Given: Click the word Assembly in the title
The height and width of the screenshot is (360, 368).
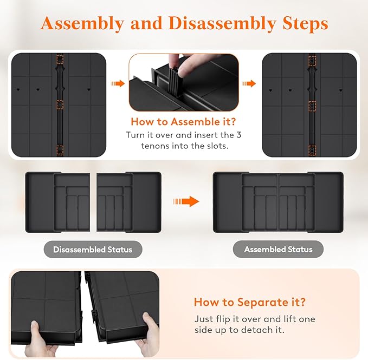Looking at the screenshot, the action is (x=82, y=24).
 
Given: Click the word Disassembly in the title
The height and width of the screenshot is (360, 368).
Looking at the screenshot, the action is (x=222, y=24).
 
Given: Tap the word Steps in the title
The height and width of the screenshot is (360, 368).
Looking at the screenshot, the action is (x=305, y=24).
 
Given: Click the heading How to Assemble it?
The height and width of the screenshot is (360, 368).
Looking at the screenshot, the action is (x=183, y=122).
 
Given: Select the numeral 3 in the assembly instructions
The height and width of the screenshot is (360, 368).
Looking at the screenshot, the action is (x=238, y=135).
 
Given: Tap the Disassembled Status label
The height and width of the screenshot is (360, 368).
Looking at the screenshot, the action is (x=93, y=250).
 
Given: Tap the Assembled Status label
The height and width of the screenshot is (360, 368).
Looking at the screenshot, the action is (x=278, y=249).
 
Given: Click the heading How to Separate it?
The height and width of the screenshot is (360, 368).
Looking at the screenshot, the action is (x=250, y=302).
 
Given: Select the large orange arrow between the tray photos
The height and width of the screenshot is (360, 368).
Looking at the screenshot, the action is (x=186, y=201).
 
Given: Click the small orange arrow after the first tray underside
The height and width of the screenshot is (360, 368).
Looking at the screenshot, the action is (x=118, y=83).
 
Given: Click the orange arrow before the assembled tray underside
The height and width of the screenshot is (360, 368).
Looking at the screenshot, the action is (x=249, y=83).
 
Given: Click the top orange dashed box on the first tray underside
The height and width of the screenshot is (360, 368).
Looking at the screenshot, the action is (x=60, y=60).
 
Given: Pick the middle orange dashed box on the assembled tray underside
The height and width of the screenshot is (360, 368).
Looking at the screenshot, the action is (x=312, y=106).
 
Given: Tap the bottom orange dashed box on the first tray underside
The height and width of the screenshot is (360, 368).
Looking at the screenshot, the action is (x=60, y=150).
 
